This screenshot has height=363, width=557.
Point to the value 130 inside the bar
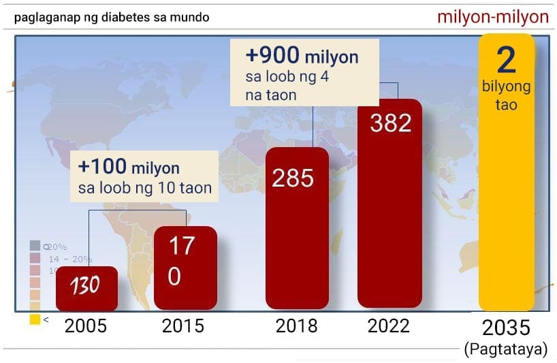tap(84, 285)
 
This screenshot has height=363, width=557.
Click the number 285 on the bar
tap(293, 178)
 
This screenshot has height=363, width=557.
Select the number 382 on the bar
tap(390, 123)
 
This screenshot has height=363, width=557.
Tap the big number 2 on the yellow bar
tap(506, 61)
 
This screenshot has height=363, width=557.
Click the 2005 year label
tap(86, 326)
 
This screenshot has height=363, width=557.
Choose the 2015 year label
tap(183, 326)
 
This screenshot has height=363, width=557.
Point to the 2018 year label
tap(296, 326)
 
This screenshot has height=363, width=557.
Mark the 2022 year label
tap(389, 326)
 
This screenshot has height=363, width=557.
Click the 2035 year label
tap(506, 328)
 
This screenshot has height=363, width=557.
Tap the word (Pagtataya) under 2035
tap(506, 349)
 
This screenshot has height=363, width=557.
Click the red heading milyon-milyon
tap(493, 17)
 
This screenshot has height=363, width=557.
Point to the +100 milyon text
tap(129, 168)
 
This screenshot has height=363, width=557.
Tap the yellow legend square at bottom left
tap(35, 319)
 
